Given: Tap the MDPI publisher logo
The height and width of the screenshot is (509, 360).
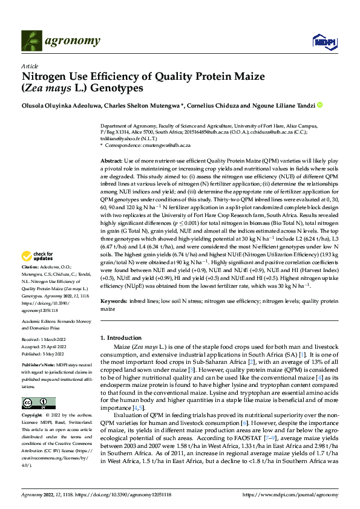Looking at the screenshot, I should [321, 41].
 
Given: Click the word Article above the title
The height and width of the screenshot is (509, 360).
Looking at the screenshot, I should [29, 66].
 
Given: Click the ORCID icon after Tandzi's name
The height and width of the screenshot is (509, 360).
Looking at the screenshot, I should [320, 105].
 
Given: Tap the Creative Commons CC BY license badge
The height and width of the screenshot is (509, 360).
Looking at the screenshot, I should [39, 386].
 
